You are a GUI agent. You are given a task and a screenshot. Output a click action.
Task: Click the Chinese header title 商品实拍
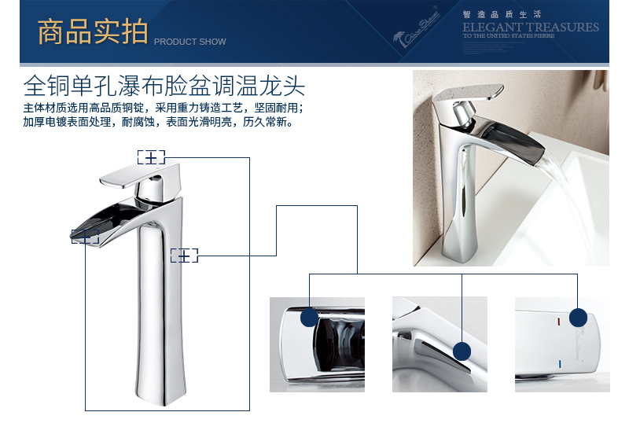coord(93,32)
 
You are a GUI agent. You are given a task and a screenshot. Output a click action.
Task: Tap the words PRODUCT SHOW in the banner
coord(189,42)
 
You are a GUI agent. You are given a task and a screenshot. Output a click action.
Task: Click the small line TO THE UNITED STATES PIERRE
coord(508,36)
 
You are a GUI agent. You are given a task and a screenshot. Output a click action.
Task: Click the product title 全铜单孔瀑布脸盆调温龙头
coord(164,84)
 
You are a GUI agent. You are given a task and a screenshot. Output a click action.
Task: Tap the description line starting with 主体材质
coord(163,108)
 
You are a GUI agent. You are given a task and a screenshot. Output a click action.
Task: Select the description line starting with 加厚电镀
coord(158,123)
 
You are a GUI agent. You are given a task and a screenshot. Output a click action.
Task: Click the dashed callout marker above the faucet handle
coord(151,157)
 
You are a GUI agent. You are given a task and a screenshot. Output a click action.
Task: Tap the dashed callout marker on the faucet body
coord(183,255)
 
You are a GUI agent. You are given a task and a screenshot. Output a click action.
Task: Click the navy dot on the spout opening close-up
coord(310,318)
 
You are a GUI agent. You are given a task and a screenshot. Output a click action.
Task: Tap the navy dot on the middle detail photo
coord(462,351)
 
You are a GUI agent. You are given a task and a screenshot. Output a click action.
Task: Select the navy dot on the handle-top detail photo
coord(579,318)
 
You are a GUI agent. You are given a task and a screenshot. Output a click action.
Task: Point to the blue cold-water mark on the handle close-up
coord(559,364)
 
